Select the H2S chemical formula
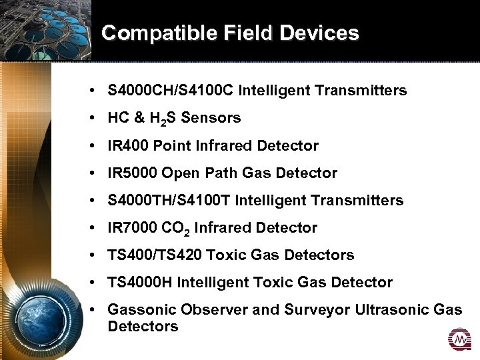(167, 119)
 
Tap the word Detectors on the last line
(143, 327)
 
